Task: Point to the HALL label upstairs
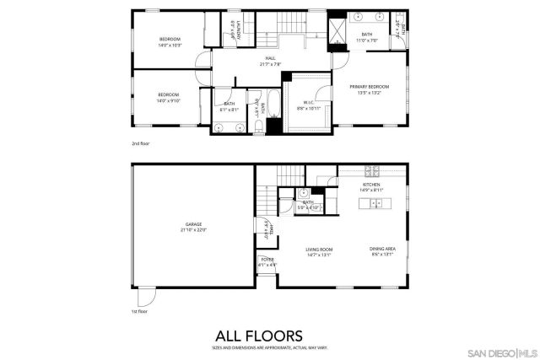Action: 271,58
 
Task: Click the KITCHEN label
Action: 371,185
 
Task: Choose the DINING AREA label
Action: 381,248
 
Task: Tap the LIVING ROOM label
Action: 319,250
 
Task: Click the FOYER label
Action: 267,260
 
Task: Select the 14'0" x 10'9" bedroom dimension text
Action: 171,46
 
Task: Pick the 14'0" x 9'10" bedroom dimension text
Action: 169,100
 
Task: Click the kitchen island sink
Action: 378,204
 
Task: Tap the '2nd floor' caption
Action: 140,143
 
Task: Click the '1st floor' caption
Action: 139,311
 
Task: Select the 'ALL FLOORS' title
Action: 269,334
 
